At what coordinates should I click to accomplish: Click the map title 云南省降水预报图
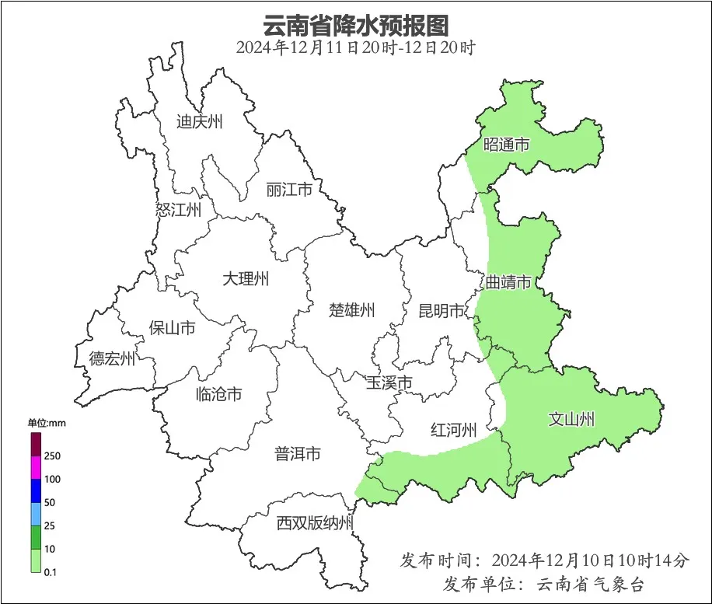click(x=355, y=25)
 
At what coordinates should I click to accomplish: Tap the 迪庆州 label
click(x=199, y=121)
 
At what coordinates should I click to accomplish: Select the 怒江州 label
click(x=178, y=210)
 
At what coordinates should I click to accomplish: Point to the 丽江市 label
click(x=288, y=190)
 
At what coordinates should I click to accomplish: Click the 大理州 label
click(x=246, y=278)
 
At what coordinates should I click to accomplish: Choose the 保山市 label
click(x=172, y=327)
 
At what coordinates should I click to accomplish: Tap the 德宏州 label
click(x=112, y=358)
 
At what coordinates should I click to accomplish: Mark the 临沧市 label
click(x=218, y=394)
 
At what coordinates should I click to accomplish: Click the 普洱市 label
click(x=298, y=454)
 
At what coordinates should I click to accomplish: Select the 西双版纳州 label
click(x=315, y=523)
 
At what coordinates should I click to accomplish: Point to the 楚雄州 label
click(x=351, y=311)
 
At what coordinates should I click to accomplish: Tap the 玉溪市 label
click(x=389, y=382)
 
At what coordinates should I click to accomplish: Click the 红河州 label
click(x=453, y=429)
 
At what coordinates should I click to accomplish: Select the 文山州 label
click(x=571, y=420)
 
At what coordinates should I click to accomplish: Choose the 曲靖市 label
click(x=508, y=281)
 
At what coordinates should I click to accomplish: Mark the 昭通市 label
click(x=507, y=145)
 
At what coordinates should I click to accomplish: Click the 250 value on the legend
click(x=52, y=456)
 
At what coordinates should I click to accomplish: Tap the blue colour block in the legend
click(x=35, y=491)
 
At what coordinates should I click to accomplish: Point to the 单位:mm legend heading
click(x=47, y=423)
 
